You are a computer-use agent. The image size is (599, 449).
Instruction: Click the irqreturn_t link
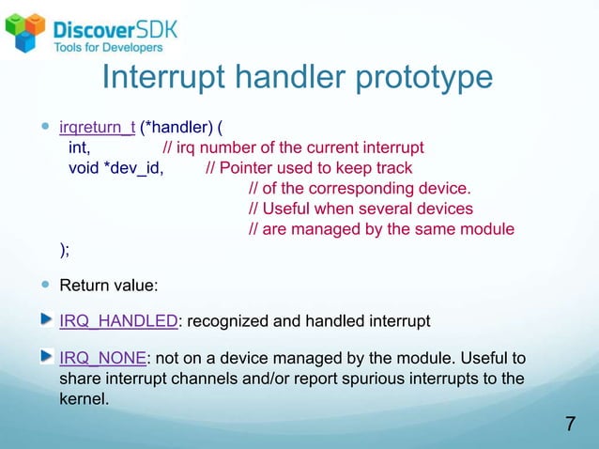click(98, 127)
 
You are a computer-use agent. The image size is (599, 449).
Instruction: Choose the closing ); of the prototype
click(65, 249)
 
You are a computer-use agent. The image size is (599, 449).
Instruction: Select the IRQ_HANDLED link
click(118, 321)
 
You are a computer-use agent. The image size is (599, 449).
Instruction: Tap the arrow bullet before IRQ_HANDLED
click(47, 320)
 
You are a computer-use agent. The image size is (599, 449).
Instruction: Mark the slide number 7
click(570, 424)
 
